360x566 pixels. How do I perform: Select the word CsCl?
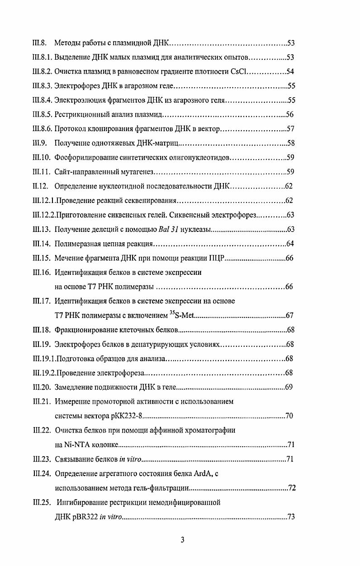point(240,71)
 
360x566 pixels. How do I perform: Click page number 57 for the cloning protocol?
point(291,129)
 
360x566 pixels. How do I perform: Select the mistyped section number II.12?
point(40,186)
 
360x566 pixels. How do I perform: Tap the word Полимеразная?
point(76,244)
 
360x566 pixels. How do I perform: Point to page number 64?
point(291,244)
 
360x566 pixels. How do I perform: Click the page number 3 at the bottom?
point(182,540)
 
